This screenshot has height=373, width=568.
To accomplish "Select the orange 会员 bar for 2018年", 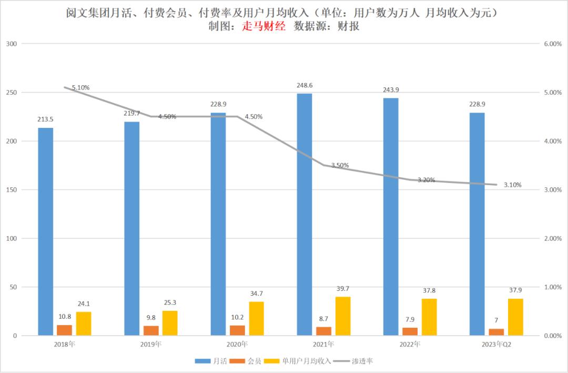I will click(x=65, y=330).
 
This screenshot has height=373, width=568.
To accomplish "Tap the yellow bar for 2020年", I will click(x=256, y=318).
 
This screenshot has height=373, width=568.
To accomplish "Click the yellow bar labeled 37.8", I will click(x=429, y=317).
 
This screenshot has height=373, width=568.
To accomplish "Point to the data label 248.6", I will click(x=305, y=85).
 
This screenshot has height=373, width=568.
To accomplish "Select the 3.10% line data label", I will click(x=512, y=185).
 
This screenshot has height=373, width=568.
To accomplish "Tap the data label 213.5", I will click(x=45, y=119).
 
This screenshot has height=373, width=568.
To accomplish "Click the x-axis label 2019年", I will click(x=151, y=344).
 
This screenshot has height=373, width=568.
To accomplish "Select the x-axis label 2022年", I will click(x=410, y=344).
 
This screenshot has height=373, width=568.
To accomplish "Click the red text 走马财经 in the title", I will click(x=263, y=26).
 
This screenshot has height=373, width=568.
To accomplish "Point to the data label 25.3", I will click(x=170, y=303).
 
